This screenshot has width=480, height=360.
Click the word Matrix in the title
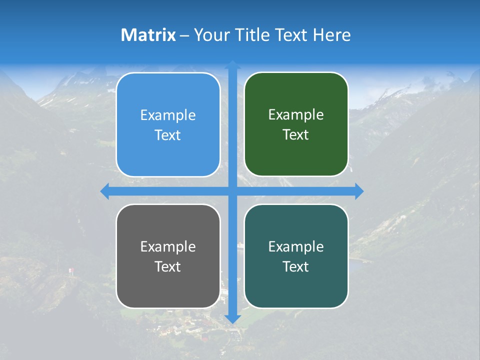pyautogui.click(x=148, y=35)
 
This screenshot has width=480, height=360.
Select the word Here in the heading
pyautogui.click(x=331, y=35)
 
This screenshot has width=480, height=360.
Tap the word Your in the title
pyautogui.click(x=210, y=35)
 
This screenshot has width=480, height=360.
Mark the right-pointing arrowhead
pyautogui.click(x=359, y=191)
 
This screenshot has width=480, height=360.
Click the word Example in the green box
pyautogui.click(x=296, y=115)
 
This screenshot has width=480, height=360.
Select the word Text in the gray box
pyautogui.click(x=168, y=266)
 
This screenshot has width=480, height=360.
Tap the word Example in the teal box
pyautogui.click(x=296, y=246)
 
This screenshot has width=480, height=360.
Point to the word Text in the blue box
pyautogui.click(x=168, y=135)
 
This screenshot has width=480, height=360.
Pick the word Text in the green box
pyautogui.click(x=296, y=134)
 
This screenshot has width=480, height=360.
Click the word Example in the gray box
pyautogui.click(x=168, y=246)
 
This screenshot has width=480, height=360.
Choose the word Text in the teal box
pyautogui.click(x=296, y=266)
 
